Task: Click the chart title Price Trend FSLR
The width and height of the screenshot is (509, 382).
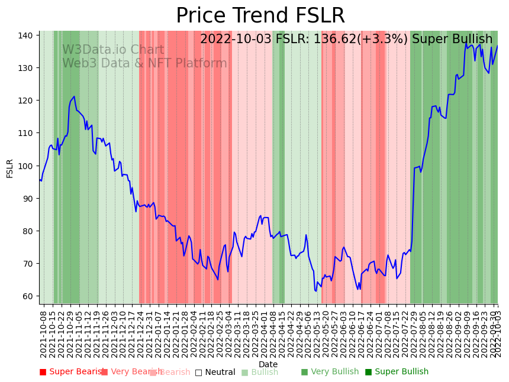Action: point(260,16)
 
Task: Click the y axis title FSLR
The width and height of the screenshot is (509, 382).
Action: point(10,168)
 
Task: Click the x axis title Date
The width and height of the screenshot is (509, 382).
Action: point(268,364)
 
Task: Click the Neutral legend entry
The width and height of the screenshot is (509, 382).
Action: point(215,372)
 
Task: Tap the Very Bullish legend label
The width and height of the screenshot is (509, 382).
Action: point(330,372)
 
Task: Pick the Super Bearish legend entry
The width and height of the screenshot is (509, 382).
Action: point(72,372)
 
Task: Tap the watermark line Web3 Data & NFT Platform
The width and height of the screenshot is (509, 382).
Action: point(144,64)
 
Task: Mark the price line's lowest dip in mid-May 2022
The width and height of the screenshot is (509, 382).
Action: point(316,291)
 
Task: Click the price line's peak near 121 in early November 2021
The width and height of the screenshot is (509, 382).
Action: point(74,96)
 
